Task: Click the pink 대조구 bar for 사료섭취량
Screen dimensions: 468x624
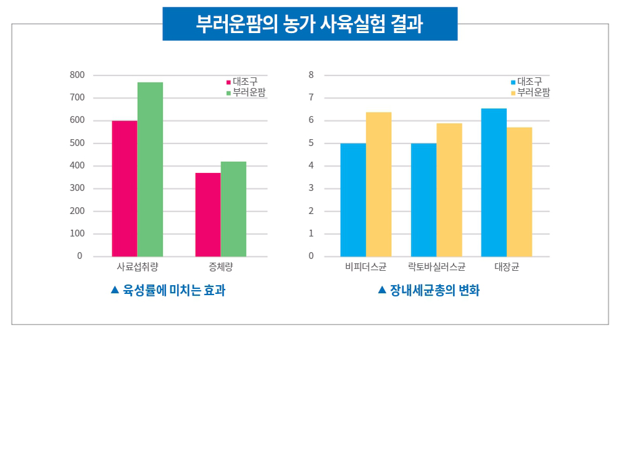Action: coord(124,188)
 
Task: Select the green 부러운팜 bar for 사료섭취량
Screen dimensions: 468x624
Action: coord(150,169)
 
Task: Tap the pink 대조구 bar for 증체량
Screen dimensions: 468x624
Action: coord(208,215)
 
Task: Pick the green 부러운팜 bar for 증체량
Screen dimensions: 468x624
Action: coord(233,209)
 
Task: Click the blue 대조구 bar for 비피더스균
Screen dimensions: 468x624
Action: coord(353,200)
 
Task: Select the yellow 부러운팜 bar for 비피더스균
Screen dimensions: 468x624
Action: coord(379,184)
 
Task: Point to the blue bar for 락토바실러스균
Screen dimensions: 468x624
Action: coord(424,200)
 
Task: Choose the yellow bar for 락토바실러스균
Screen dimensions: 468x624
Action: coord(449,190)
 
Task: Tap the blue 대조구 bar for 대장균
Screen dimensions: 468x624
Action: coord(494,182)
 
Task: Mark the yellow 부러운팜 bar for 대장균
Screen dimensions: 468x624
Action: coord(520,192)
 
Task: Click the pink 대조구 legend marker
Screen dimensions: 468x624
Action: coord(228,82)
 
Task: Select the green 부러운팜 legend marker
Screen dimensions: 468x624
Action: coord(228,93)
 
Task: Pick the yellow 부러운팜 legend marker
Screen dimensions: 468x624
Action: coord(513,93)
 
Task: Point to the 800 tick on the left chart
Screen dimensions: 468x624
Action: coord(77,75)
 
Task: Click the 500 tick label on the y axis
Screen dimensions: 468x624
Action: coord(77,143)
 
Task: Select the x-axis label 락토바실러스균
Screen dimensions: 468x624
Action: coord(437,267)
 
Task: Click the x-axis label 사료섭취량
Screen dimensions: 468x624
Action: coord(137,267)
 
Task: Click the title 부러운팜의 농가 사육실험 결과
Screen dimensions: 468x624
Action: coord(310,24)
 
